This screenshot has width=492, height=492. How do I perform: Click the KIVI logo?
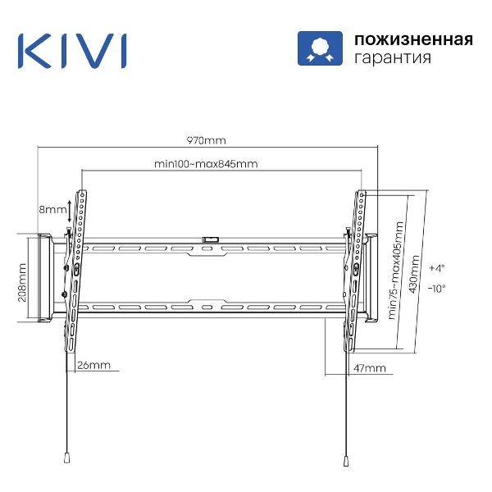click(72, 50)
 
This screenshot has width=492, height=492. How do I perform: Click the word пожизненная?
click(412, 39)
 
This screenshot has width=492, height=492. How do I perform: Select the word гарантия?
click(391, 59)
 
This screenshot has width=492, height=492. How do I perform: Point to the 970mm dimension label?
click(206, 139)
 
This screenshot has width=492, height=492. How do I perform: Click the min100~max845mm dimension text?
click(206, 163)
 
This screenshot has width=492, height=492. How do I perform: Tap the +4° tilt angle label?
click(436, 268)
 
